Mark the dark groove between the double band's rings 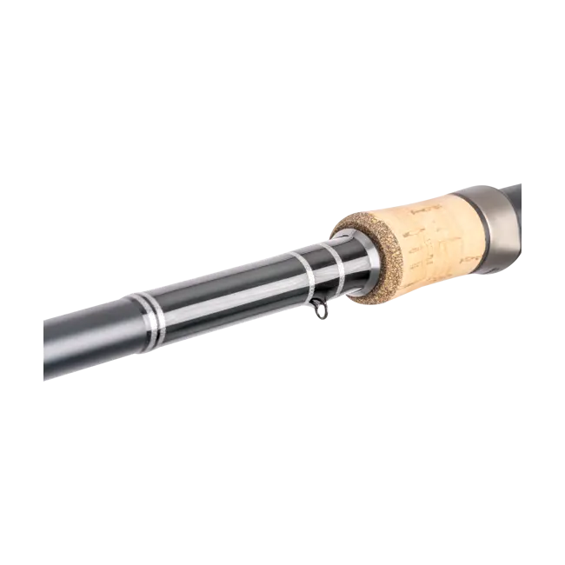click(153, 315)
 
